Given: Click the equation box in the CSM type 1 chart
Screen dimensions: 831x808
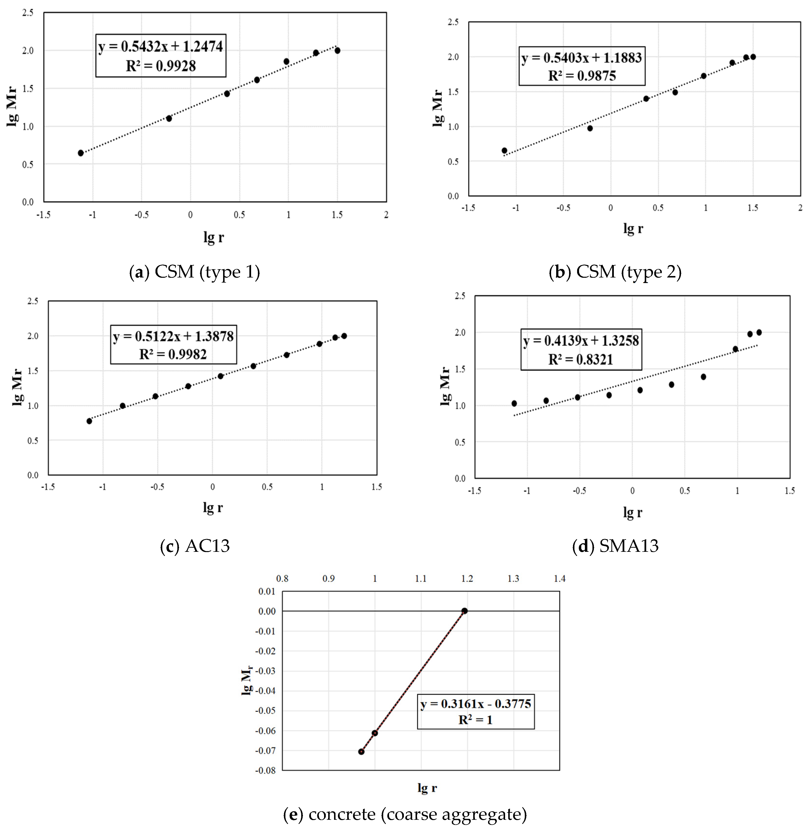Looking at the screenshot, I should pos(160,55).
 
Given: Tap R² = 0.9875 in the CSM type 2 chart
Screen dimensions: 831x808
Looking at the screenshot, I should pos(581,76).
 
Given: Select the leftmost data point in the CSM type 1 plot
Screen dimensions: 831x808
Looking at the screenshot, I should pos(81,153).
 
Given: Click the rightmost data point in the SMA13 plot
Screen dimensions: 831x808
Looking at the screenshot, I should pos(759,332).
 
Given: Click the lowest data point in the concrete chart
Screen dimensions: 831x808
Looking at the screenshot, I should pos(361,752).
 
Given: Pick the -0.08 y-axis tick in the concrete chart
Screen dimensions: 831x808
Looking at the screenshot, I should pos(265,770).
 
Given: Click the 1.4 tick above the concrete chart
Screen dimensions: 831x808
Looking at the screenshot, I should pos(559,579).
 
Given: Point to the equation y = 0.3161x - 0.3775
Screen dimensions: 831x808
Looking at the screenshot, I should pos(476,704).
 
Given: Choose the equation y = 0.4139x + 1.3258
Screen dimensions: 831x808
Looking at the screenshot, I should pos(581,341).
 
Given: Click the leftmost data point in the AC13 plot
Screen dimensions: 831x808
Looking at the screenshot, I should pos(89,421).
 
